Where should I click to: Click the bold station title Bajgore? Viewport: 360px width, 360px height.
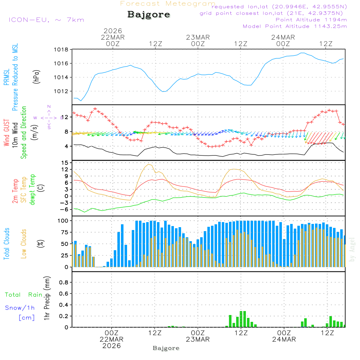[x=149, y=15]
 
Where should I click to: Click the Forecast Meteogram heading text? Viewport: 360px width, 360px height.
[x=168, y=4]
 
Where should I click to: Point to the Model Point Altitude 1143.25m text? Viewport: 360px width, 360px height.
[x=295, y=26]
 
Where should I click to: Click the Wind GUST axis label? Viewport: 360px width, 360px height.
[x=6, y=134]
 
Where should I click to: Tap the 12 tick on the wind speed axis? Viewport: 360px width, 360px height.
[x=65, y=117]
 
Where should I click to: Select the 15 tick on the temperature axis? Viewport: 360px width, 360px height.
[x=65, y=163]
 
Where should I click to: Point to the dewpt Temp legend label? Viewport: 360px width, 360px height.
[x=32, y=189]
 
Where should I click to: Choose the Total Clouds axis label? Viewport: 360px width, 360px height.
[x=6, y=244]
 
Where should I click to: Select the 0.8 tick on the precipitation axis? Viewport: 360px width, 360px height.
[x=64, y=282]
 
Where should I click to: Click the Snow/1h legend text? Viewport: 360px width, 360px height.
[x=20, y=308]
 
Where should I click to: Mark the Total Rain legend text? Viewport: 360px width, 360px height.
[x=24, y=295]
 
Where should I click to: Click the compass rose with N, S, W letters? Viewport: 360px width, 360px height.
[x=49, y=117]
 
